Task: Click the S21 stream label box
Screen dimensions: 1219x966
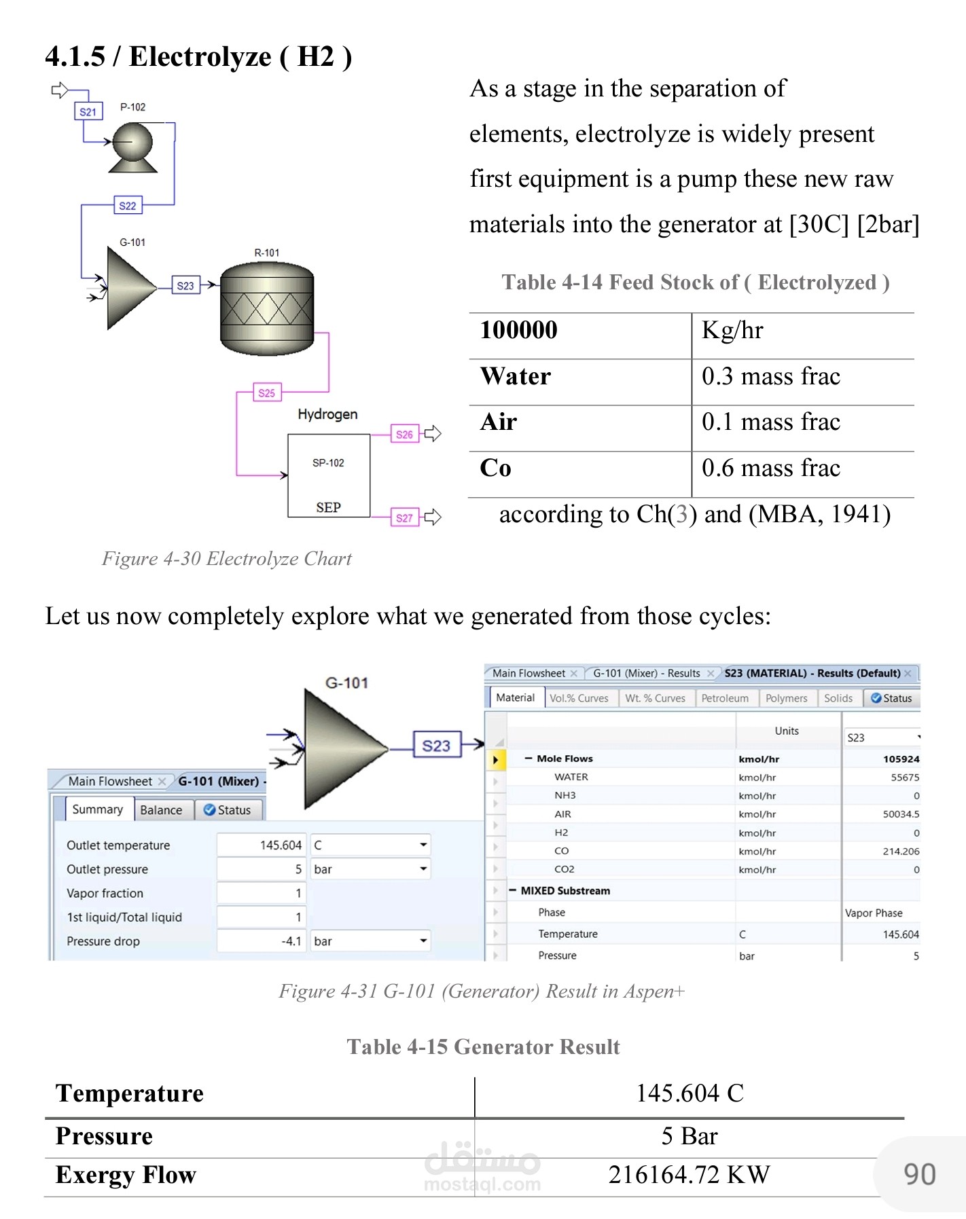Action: click(x=88, y=111)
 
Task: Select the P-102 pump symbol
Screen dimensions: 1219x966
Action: click(x=133, y=146)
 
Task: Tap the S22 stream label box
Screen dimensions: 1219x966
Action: click(x=128, y=205)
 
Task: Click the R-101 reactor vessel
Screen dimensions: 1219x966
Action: click(x=267, y=309)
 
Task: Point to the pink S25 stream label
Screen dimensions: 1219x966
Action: click(x=267, y=393)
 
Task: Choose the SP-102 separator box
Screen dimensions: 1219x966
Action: click(x=329, y=476)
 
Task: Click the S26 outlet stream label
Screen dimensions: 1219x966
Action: click(x=404, y=435)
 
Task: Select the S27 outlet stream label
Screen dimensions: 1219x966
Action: click(x=404, y=517)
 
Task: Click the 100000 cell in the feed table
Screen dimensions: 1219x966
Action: click(x=518, y=331)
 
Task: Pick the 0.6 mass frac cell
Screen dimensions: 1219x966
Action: click(x=770, y=469)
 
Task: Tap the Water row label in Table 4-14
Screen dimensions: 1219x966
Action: click(x=515, y=377)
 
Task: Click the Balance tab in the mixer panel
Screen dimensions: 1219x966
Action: click(x=161, y=810)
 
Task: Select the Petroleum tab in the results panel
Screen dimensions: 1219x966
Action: click(x=724, y=698)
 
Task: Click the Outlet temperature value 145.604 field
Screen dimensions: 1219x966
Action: click(x=262, y=845)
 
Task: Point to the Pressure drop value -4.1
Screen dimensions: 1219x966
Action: click(x=262, y=941)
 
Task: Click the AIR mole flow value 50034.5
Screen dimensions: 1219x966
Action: click(x=901, y=814)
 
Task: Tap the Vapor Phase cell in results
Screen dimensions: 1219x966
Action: click(x=874, y=913)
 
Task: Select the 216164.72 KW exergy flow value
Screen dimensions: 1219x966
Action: click(x=689, y=1175)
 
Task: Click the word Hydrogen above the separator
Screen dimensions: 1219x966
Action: click(x=327, y=414)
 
